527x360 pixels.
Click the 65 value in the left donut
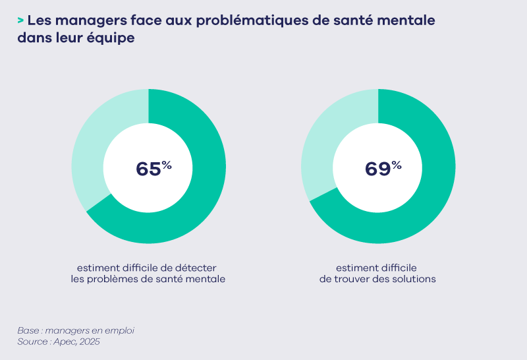[x=148, y=169]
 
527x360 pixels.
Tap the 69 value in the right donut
[x=377, y=169]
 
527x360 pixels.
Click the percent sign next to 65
[x=167, y=165]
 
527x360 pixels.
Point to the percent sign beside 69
[x=396, y=165]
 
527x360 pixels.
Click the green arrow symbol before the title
[x=20, y=21]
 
